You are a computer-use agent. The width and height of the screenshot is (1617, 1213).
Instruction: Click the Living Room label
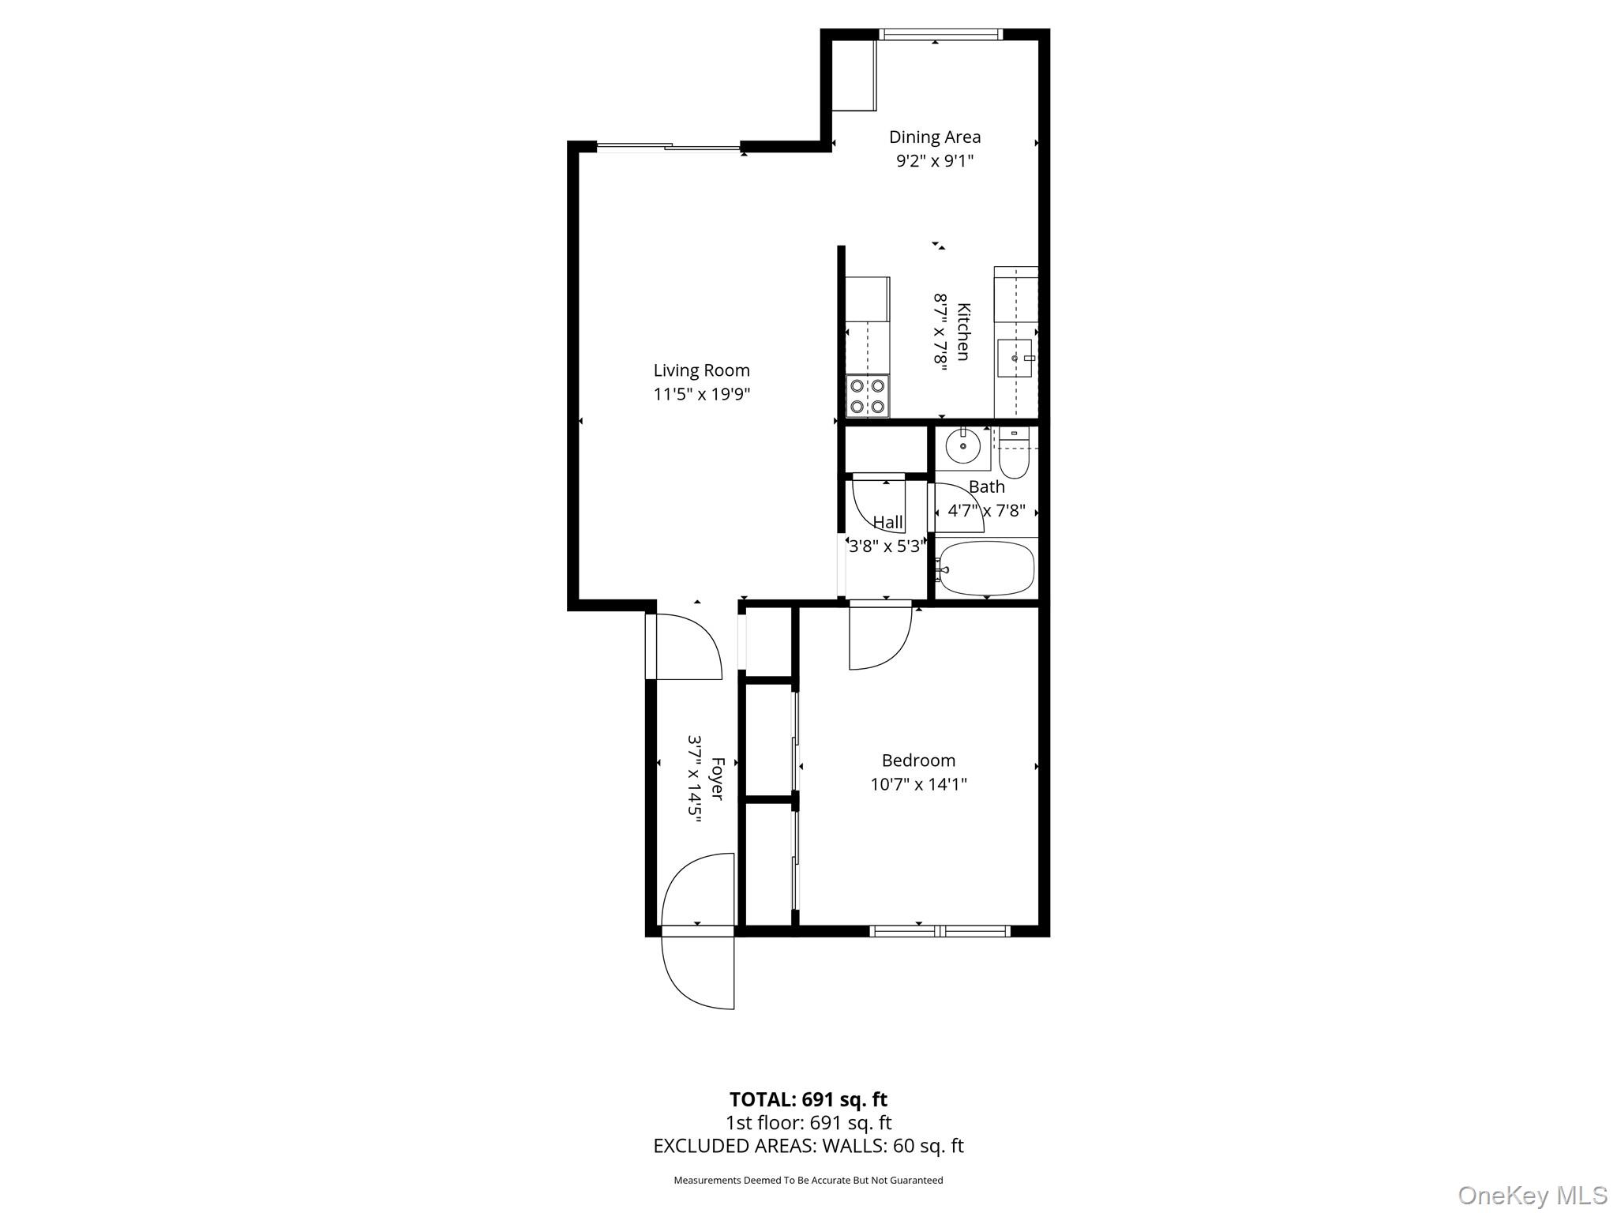coord(701,370)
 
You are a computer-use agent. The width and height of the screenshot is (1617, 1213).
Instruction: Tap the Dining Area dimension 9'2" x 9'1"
coord(935,161)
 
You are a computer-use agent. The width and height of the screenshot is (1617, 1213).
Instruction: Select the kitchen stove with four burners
coord(867,396)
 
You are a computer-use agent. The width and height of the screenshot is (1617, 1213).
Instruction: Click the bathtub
coord(987,569)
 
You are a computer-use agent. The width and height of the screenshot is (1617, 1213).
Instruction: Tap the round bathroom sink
coord(962,447)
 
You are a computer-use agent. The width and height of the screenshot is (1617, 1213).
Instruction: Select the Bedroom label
coord(918,760)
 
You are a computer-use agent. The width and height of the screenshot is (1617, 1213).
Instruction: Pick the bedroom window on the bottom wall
coord(940,931)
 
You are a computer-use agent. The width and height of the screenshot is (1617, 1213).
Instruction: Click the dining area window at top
coord(940,34)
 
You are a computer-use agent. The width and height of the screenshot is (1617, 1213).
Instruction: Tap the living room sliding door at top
coord(669,147)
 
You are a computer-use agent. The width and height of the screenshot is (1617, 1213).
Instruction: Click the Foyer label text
coord(717,779)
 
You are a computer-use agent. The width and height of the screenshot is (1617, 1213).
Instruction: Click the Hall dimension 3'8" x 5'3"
coord(886,546)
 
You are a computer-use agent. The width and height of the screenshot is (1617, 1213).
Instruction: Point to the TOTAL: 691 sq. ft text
coord(808,1099)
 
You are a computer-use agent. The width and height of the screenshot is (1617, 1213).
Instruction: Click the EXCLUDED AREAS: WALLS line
coord(808,1146)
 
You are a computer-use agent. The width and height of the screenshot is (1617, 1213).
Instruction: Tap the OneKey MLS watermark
coord(1532,1195)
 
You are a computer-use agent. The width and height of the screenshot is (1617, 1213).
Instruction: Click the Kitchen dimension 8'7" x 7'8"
coord(940,332)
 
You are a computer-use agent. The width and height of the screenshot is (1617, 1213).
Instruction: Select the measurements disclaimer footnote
coord(808,1180)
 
